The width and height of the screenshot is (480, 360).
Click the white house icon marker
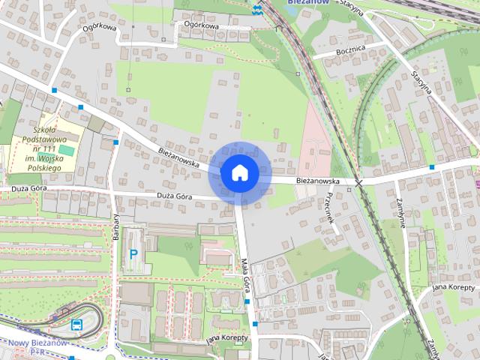click(239, 172)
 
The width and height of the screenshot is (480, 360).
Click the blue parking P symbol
click(134, 254)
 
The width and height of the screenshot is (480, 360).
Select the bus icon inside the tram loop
click(76, 325)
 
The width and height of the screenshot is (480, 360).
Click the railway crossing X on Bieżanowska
click(359, 182)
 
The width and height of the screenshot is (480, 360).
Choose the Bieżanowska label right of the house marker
click(316, 181)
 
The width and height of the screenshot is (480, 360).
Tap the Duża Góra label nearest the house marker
click(175, 196)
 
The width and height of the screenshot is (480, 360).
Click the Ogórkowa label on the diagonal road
click(99, 29)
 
